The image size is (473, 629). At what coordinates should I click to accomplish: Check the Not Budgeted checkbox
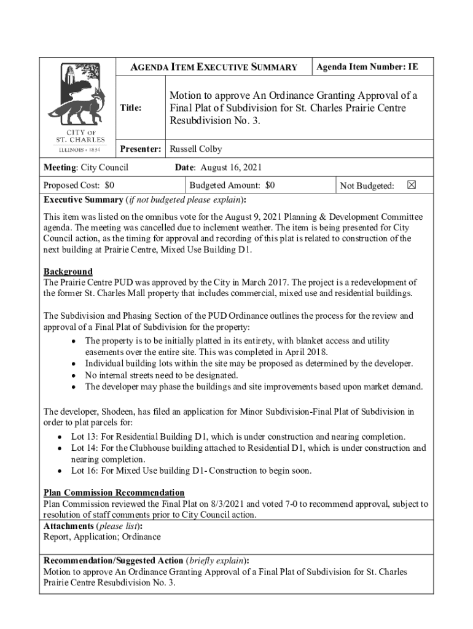point(412,185)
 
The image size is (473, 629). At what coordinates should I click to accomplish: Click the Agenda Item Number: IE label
point(367,67)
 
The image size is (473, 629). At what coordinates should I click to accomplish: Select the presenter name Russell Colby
point(195,149)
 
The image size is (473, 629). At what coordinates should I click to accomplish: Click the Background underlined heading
point(68,272)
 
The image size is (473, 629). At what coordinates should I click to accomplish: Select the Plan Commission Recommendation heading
point(114,493)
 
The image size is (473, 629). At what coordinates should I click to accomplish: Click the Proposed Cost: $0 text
point(78,185)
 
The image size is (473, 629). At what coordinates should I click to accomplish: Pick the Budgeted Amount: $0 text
point(232,185)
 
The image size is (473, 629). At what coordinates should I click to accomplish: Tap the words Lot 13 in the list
point(84,437)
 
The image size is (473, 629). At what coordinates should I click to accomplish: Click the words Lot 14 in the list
point(84,448)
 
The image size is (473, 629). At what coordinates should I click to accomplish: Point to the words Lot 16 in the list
point(84,471)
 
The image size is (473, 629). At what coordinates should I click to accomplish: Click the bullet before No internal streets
point(74,375)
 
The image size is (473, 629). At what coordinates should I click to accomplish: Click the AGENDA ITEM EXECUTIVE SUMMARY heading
point(213,68)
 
